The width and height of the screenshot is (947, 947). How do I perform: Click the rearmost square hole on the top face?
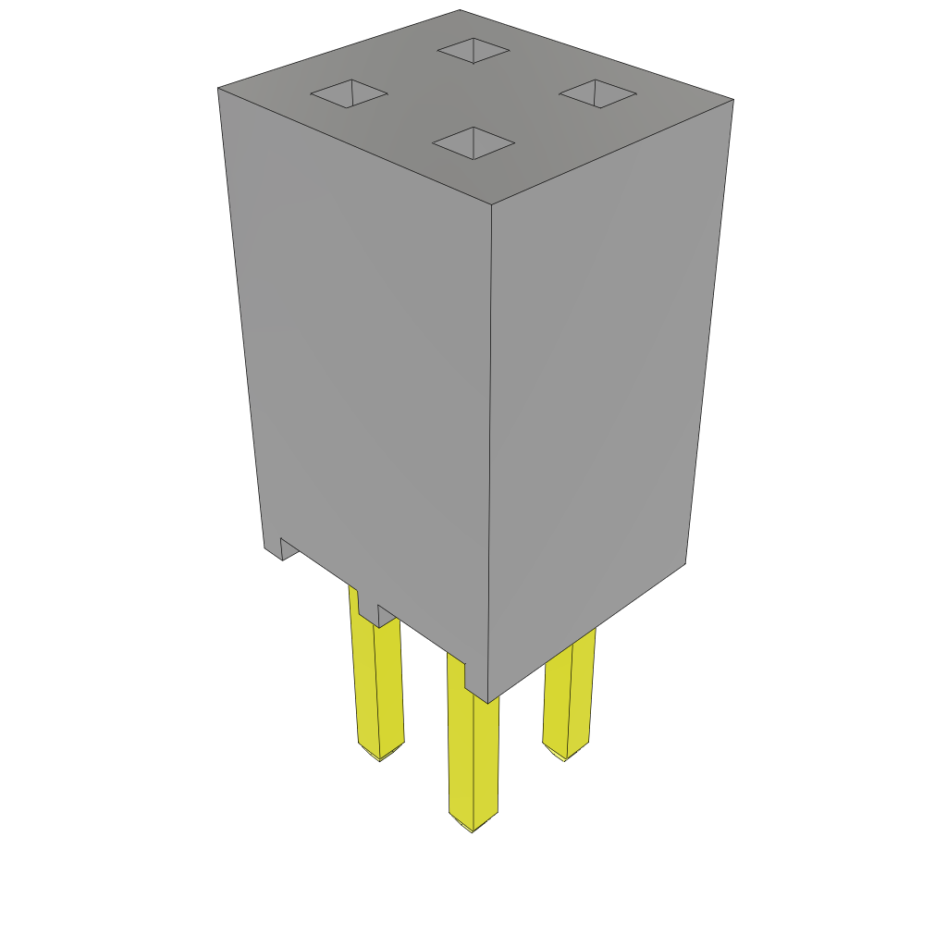tap(473, 51)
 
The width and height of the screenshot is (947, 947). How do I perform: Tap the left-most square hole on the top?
tap(349, 93)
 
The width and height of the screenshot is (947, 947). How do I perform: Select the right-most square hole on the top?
tap(597, 93)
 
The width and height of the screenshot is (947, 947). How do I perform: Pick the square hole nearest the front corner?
tap(473, 143)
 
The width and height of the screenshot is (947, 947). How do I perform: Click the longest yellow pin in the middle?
tap(473, 749)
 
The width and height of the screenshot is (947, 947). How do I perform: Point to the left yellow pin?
tap(379, 684)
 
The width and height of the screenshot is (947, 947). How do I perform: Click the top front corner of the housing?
tap(491, 204)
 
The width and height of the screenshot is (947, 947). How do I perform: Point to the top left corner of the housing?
tap(219, 90)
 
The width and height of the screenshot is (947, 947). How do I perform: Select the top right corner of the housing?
tap(732, 100)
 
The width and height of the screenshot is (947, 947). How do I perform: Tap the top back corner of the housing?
tap(460, 11)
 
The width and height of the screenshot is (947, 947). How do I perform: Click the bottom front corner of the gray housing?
tap(487, 703)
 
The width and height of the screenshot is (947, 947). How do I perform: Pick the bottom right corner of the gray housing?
tap(684, 562)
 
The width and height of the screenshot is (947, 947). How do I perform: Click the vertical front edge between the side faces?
tap(489, 453)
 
